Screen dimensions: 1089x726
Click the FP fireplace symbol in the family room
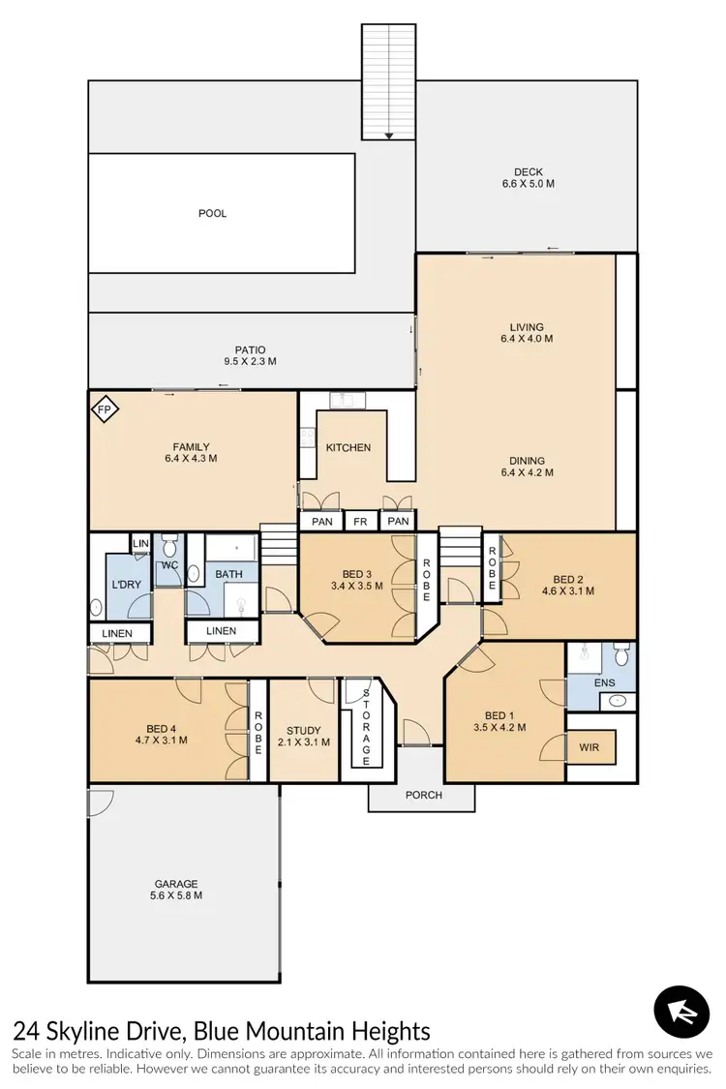pos(105,410)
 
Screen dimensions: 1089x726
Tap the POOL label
pos(212,213)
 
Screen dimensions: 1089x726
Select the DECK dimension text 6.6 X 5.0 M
pos(528,184)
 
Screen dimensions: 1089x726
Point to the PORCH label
pos(423,795)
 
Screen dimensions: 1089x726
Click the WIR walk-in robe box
pos(590,747)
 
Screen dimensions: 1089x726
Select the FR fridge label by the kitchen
pos(360,522)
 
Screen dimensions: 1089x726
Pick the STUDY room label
pos(303,731)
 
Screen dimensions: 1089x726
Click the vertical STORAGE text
pos(366,726)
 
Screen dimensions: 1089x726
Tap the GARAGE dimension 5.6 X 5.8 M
pos(176,895)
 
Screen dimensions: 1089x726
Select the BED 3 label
pos(356,572)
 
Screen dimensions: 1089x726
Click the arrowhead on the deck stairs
pos(388,136)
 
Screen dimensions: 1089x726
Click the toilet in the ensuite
pos(622,657)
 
